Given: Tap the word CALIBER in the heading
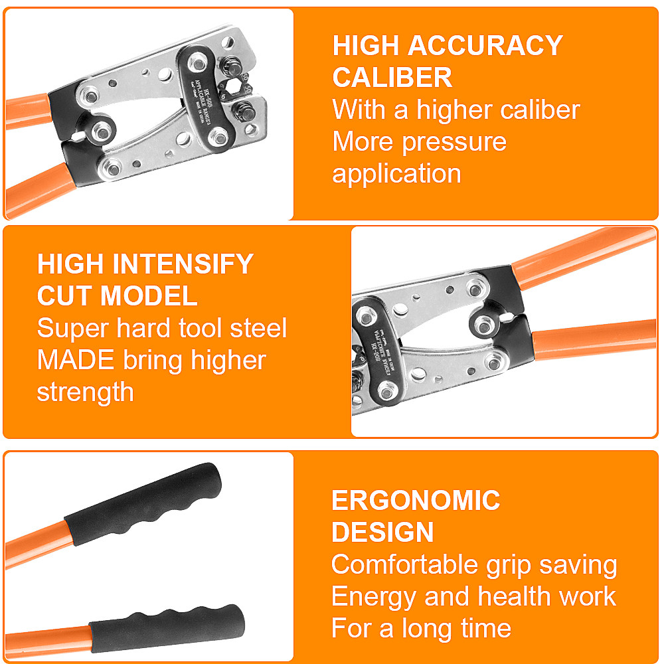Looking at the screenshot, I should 392,78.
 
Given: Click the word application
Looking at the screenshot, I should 396,173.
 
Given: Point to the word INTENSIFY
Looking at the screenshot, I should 179,264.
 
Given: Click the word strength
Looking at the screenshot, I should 85,392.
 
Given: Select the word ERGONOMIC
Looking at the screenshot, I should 416,500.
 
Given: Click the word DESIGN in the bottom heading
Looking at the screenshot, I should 382,532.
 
